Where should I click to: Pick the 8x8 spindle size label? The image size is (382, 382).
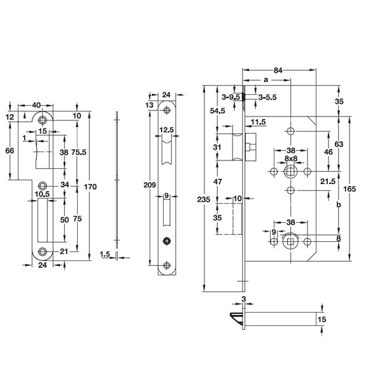point(290,158)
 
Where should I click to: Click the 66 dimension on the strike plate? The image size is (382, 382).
point(10,151)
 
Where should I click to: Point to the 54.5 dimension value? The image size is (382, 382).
point(217,111)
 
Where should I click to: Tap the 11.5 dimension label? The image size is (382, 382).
point(258,121)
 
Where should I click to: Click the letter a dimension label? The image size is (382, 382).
point(265,80)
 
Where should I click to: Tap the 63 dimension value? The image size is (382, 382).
point(339,145)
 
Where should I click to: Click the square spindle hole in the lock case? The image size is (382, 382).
point(290,173)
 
